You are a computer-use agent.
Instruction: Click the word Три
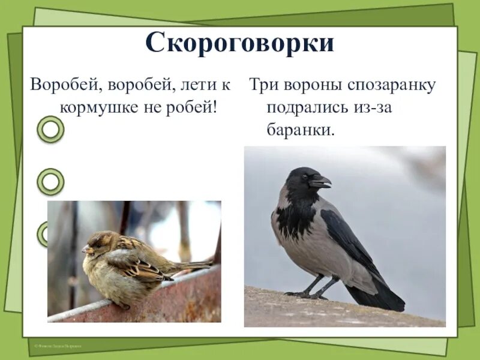tap(262, 85)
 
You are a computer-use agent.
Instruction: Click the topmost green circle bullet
tap(51, 129)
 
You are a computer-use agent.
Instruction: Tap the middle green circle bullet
tap(51, 181)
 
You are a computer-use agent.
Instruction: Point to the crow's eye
tap(305, 177)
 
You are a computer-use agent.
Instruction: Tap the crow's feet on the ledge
tap(309, 294)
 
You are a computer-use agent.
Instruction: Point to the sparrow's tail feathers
tap(192, 265)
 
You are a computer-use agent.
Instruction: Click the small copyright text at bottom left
tap(58, 346)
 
